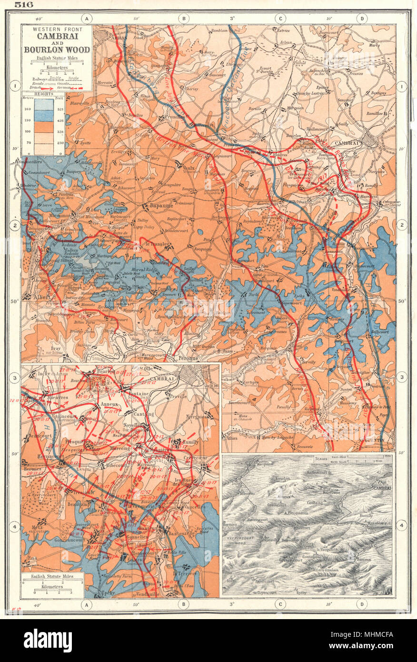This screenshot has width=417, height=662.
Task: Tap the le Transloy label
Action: (155, 244)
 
